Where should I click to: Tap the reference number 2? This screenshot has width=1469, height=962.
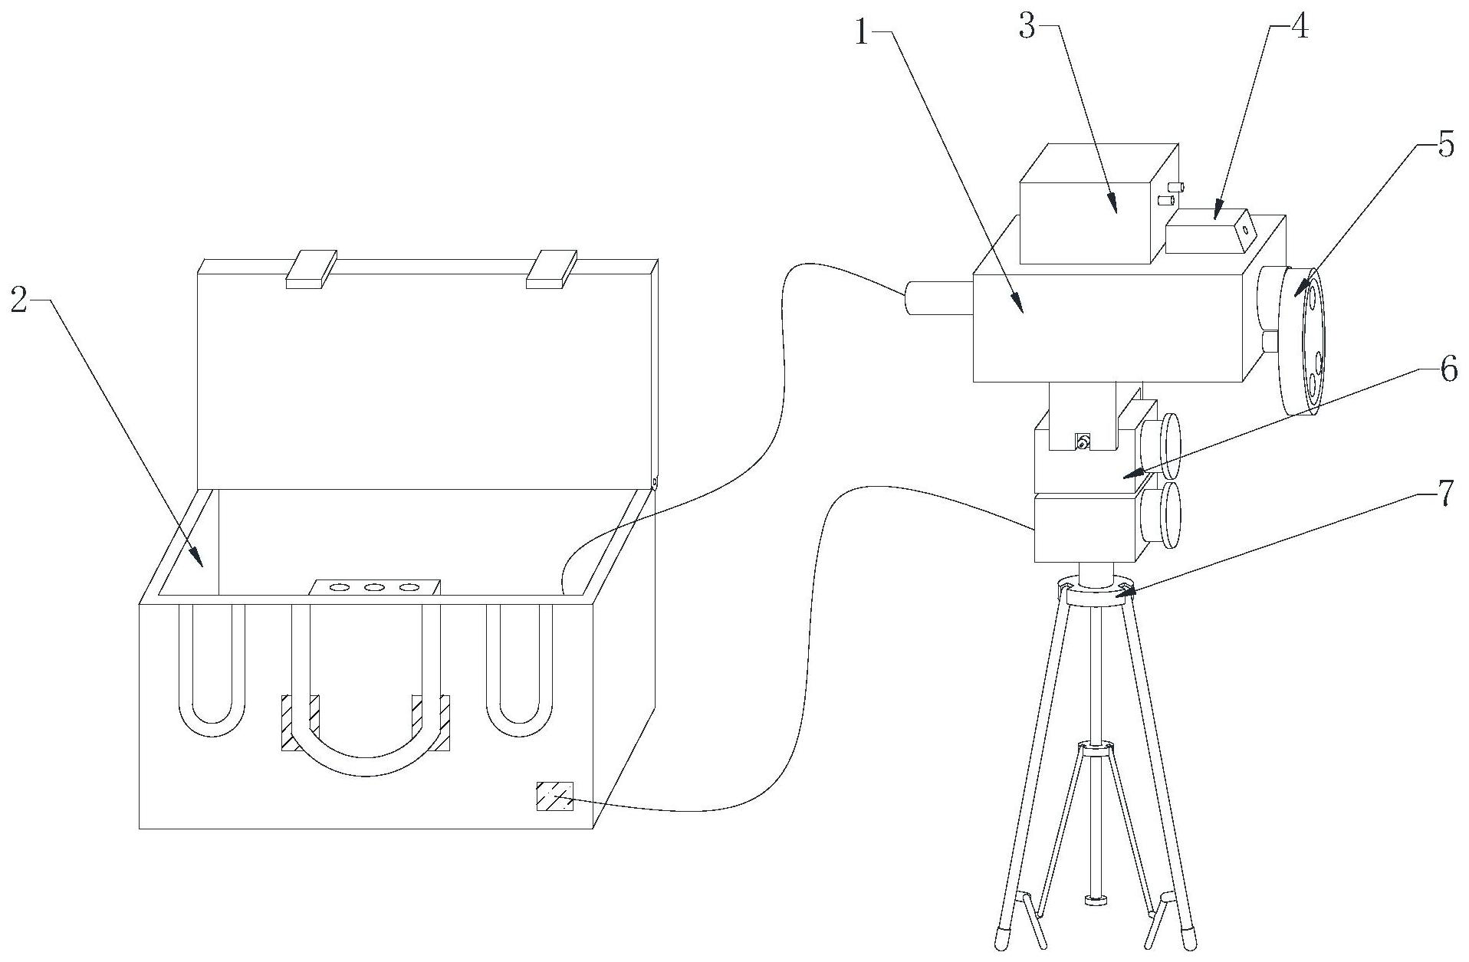(18, 301)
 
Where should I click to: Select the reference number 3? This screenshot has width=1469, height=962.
(1027, 28)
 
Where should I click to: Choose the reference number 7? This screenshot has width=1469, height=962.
(1444, 494)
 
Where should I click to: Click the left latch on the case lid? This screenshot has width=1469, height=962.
(311, 268)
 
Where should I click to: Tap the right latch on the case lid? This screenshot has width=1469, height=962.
(551, 268)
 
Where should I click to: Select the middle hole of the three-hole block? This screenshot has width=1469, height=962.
(375, 588)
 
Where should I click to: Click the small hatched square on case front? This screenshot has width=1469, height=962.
(554, 796)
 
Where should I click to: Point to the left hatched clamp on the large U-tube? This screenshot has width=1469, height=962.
(301, 722)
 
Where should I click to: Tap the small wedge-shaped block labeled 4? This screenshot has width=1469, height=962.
(1211, 231)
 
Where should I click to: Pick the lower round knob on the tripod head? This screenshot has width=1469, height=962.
(1161, 514)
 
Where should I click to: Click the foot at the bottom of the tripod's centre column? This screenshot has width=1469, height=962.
(1099, 900)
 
